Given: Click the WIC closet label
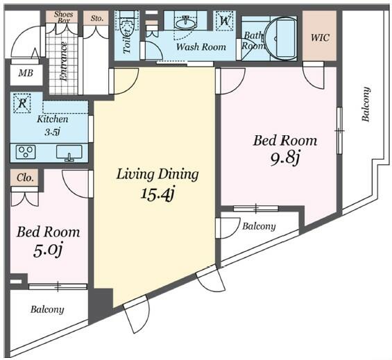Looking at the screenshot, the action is tap(320, 37).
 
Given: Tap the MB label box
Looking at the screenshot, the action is tap(26, 73).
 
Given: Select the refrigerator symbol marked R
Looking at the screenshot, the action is tap(22, 103).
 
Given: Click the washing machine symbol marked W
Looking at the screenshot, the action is tap(225, 21).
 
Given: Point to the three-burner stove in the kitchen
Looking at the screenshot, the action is tap(26, 151).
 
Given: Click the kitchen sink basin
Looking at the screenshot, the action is tap(69, 152).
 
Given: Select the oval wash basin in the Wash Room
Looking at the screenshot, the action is tap(185, 24).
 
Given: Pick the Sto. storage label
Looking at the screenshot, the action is tap(96, 18).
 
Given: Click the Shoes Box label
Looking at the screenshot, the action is tap(64, 17).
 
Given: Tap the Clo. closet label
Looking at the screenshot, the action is tap(25, 178).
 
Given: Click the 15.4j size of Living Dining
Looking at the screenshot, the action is tap(157, 194).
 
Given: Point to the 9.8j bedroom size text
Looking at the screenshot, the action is tap(285, 158).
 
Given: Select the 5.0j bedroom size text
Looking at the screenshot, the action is tap(48, 251).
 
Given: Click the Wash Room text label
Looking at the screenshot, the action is tap(201, 46).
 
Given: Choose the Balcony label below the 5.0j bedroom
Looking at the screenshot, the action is tap(47, 310).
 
